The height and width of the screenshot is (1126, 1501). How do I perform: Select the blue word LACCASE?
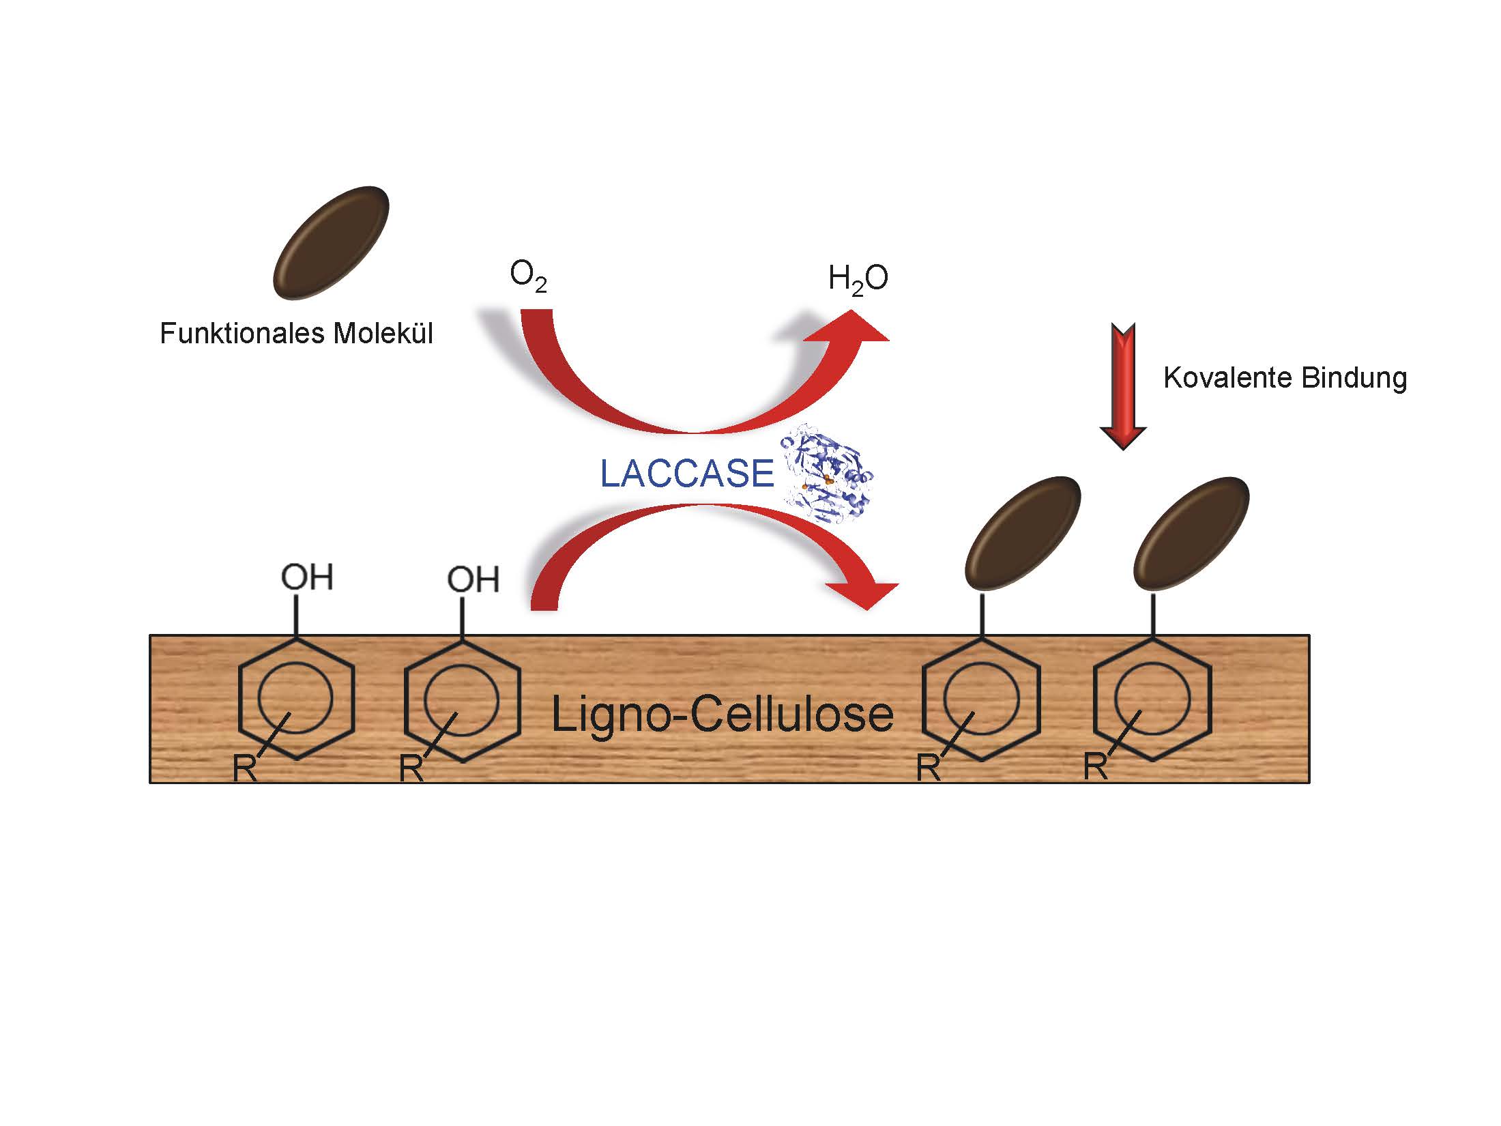click(686, 474)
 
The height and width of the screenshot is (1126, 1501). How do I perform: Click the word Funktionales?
click(241, 334)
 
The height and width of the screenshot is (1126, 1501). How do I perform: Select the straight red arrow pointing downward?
click(1123, 386)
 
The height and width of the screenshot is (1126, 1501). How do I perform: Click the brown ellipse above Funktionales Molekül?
click(332, 243)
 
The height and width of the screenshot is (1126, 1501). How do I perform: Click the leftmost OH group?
click(307, 577)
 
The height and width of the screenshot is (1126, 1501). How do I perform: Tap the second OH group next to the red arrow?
click(473, 579)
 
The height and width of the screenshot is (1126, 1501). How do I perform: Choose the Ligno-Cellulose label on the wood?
click(721, 714)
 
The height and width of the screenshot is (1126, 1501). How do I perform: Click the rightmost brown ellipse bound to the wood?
click(1191, 533)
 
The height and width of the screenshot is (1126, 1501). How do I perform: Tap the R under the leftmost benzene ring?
click(244, 768)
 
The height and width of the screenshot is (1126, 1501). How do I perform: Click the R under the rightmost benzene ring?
click(1095, 767)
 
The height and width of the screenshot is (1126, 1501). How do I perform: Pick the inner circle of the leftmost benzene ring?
click(295, 698)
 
